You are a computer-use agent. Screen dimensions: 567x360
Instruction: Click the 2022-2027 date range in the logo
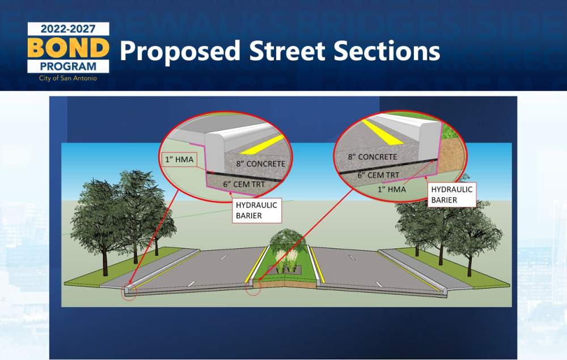(x=68, y=29)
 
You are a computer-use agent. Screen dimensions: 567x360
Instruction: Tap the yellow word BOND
(x=69, y=48)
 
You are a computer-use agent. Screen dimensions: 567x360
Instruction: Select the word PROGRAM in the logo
(x=68, y=66)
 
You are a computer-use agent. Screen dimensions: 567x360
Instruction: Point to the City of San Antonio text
(x=68, y=78)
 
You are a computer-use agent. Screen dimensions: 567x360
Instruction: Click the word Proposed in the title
(x=180, y=52)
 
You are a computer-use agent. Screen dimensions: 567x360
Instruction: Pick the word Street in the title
(x=287, y=50)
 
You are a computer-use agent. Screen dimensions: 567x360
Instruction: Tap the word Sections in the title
(x=387, y=50)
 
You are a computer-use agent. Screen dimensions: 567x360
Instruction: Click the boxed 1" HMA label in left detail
(x=179, y=159)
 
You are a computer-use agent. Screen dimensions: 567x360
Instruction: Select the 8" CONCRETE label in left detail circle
(x=261, y=164)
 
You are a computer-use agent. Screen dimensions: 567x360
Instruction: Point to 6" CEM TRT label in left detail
(x=244, y=184)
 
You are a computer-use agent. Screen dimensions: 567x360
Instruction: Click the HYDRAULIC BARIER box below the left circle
(x=257, y=210)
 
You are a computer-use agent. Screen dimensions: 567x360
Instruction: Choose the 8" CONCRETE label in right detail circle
(x=373, y=157)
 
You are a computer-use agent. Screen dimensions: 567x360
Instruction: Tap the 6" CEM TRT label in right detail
(x=378, y=175)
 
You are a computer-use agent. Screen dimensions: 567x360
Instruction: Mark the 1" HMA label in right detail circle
(x=392, y=189)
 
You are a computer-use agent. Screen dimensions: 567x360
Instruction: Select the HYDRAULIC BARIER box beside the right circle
(x=452, y=194)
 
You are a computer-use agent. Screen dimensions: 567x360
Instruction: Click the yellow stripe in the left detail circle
(x=262, y=145)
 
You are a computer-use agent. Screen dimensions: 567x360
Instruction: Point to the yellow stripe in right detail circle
(x=382, y=132)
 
